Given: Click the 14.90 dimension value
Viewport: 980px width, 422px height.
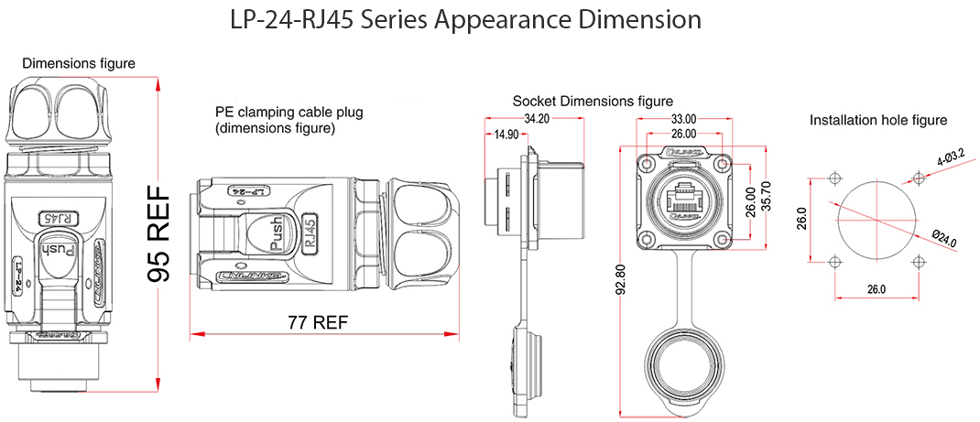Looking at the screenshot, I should pyautogui.click(x=506, y=134).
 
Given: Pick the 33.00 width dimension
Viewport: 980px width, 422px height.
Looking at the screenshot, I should pyautogui.click(x=683, y=118).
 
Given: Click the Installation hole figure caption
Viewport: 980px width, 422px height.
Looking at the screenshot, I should pyautogui.click(x=877, y=120).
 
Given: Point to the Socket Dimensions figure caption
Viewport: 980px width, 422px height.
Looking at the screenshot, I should pyautogui.click(x=593, y=101).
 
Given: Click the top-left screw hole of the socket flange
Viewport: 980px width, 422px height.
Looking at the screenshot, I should pyautogui.click(x=648, y=163).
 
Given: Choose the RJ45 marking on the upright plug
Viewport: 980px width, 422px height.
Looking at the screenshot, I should pyautogui.click(x=57, y=218).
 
